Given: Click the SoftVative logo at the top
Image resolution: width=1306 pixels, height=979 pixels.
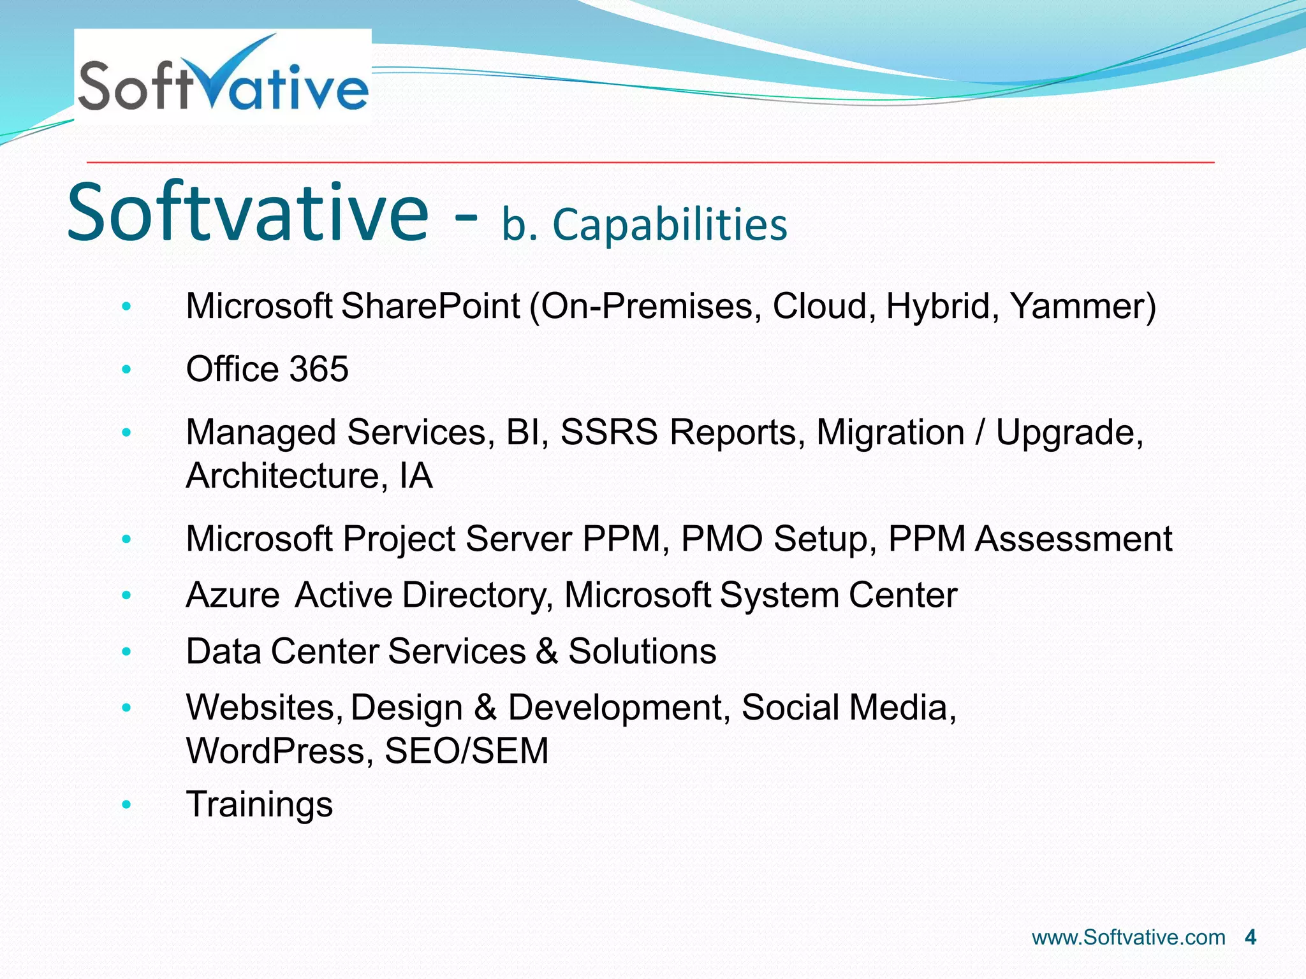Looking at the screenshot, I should [x=223, y=76].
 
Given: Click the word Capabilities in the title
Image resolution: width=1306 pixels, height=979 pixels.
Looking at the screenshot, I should [x=670, y=225].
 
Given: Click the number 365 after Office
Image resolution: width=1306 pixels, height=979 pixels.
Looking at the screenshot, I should [x=319, y=369].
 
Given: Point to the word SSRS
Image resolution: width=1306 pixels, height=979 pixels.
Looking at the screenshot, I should [x=608, y=433].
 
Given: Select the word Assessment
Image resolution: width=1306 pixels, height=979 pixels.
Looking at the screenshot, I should [x=1073, y=539].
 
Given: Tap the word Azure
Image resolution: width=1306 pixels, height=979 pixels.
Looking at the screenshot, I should [x=232, y=595].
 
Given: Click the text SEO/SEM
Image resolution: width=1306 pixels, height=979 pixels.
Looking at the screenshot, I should [x=466, y=751].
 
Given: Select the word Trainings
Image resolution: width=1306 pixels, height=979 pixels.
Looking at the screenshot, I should [x=259, y=804].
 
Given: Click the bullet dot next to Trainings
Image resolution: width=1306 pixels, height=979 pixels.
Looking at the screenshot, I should [x=126, y=805].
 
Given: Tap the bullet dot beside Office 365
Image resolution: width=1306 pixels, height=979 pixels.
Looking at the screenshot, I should [x=126, y=369].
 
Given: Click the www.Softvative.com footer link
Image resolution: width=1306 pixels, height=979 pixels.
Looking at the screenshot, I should [x=1128, y=938].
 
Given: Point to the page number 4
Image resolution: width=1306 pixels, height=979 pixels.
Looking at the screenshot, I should [x=1250, y=938].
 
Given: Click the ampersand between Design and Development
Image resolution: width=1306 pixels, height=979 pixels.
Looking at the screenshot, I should [x=485, y=707].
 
